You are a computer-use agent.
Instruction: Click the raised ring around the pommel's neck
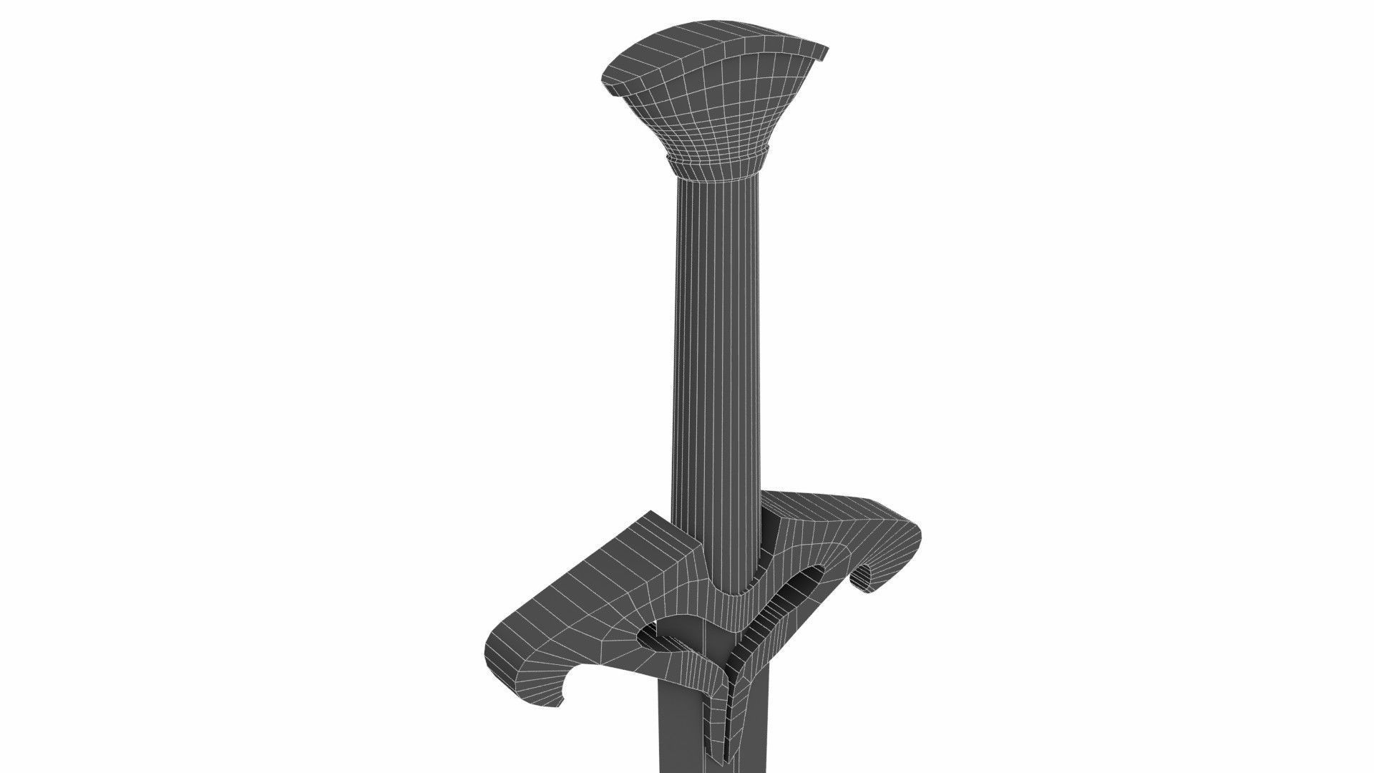point(716,158)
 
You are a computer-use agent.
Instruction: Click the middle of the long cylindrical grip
point(716,344)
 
